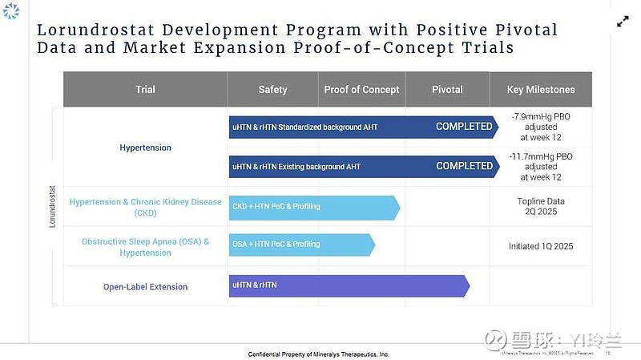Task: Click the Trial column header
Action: click(x=145, y=90)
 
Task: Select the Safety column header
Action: click(x=272, y=90)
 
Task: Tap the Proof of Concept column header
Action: click(x=361, y=90)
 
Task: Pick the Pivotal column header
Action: click(x=447, y=90)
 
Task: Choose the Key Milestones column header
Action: click(x=541, y=90)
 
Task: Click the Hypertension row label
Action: click(x=145, y=148)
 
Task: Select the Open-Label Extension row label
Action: click(x=145, y=286)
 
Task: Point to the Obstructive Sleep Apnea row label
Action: click(x=145, y=247)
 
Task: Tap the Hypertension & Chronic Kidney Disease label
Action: click(x=145, y=208)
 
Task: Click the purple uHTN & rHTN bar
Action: click(x=349, y=285)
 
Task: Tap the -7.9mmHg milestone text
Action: click(x=541, y=127)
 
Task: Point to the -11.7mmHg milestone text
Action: click(x=541, y=167)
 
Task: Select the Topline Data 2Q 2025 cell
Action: click(x=541, y=207)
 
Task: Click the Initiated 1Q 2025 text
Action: click(x=541, y=246)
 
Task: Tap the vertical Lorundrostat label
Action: click(x=53, y=208)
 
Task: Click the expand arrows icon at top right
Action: click(x=623, y=22)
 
